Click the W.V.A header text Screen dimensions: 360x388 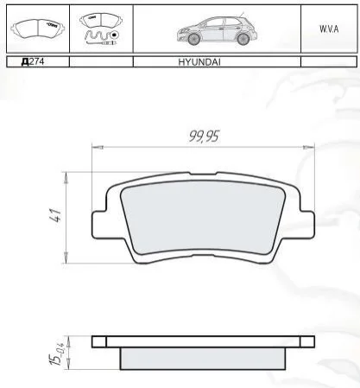click(329, 29)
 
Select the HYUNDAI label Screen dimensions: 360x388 click(199, 62)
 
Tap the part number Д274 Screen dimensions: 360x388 click(33, 61)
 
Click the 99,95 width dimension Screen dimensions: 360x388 click(204, 137)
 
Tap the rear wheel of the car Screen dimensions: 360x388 click(243, 38)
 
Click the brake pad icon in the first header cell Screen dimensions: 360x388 click(38, 29)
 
